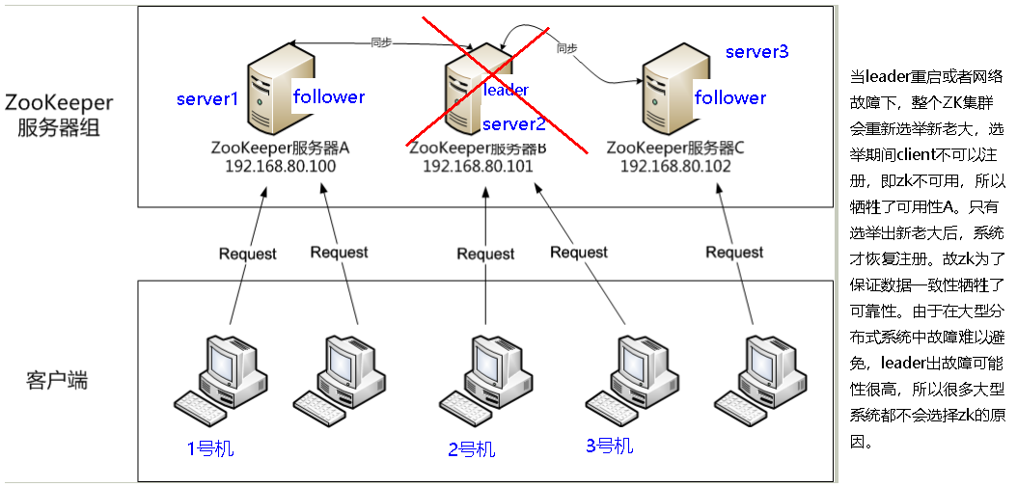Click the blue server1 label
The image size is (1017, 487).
(x=206, y=100)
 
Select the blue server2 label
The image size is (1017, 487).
(x=514, y=124)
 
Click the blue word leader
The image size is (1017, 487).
(x=506, y=90)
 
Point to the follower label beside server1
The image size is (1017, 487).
(x=329, y=96)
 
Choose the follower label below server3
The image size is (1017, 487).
(x=730, y=97)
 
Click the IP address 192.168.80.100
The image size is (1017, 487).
(x=280, y=166)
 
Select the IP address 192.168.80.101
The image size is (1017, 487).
(x=478, y=166)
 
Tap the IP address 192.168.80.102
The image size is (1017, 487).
(x=675, y=166)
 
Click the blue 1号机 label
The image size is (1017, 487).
(x=209, y=448)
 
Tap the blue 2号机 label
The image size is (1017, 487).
(x=471, y=449)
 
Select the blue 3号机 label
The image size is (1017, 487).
(x=610, y=445)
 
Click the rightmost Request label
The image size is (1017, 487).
(x=734, y=252)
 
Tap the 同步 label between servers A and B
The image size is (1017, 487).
(x=381, y=42)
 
